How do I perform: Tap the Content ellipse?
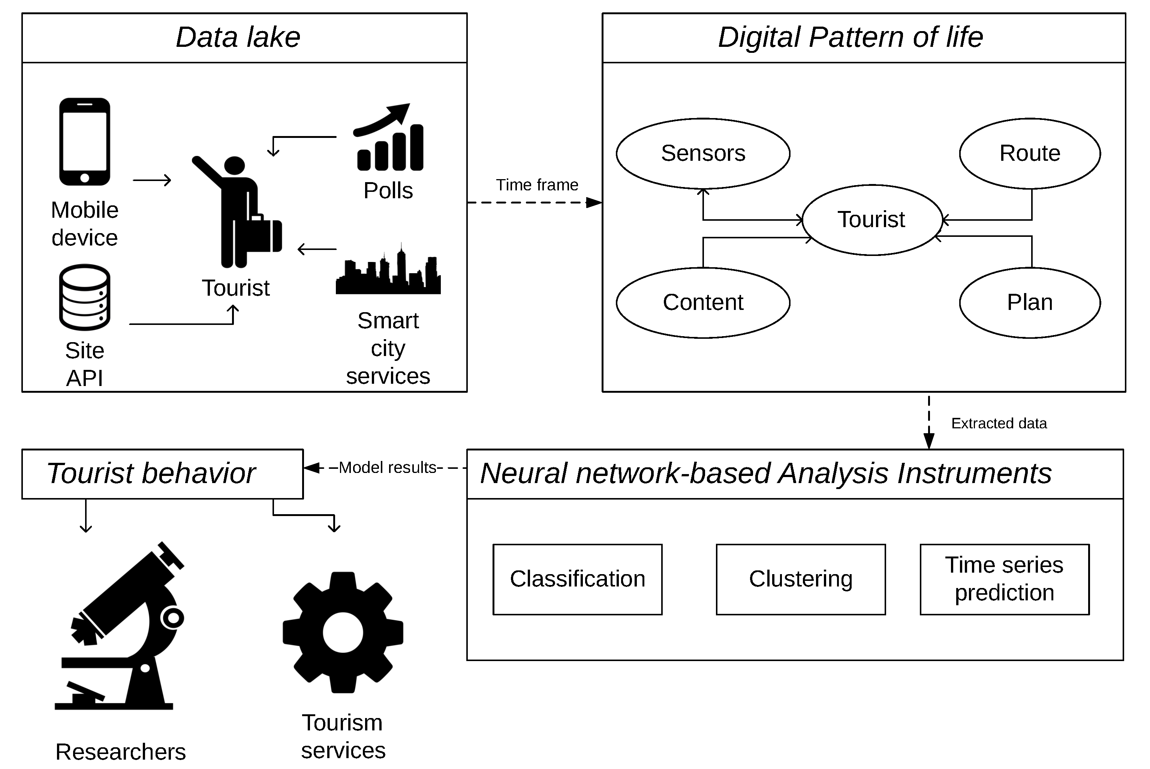coord(703,302)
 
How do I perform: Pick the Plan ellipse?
coord(1030,302)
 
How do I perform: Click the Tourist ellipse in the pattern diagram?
coord(871,220)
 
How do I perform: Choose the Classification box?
coord(577,579)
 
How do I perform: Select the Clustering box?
coord(800,579)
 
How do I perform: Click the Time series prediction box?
coord(1004,579)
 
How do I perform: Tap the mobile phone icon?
coord(85,142)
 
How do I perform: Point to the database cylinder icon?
coord(85,297)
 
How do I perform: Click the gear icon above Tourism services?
coord(343,633)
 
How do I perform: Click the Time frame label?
coord(537,185)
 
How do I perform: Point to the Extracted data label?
coord(999,423)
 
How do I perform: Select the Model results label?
coord(388,467)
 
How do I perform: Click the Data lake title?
coord(238,37)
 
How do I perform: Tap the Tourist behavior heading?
coord(151,473)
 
